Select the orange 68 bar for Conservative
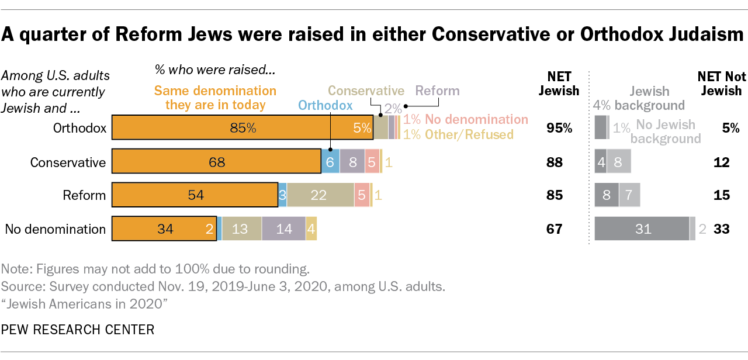tap(216, 162)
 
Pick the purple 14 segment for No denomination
tap(283, 229)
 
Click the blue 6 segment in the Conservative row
tap(330, 162)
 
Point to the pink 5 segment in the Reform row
tap(362, 195)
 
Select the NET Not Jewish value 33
tap(722, 229)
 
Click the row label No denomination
tap(55, 229)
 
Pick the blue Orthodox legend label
tap(325, 105)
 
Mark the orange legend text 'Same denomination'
tap(215, 91)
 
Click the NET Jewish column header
tap(559, 84)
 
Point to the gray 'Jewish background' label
tap(649, 98)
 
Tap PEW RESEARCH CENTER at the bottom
tap(78, 330)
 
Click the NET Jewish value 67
tap(554, 229)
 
